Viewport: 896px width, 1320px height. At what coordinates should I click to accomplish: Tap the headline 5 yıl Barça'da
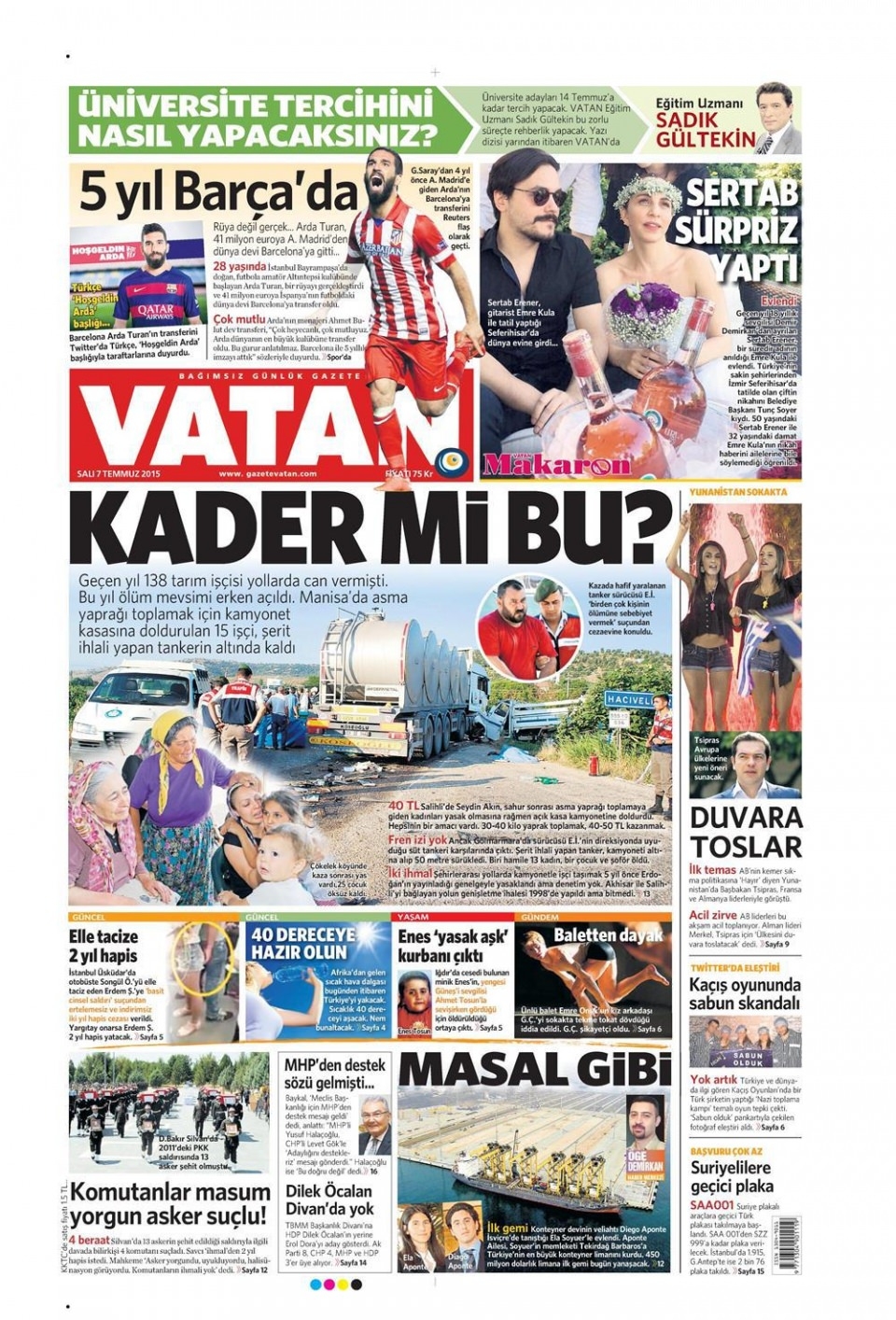pos(218,193)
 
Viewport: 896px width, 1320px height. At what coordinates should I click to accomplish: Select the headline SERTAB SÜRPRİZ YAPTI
pos(744,230)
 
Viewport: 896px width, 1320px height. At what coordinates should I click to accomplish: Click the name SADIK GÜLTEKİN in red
pos(705,130)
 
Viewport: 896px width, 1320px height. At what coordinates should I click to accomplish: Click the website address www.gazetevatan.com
pos(268,474)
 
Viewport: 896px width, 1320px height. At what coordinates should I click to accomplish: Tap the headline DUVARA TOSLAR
pos(745,832)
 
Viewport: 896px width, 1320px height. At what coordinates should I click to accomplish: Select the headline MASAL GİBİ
pos(535,1070)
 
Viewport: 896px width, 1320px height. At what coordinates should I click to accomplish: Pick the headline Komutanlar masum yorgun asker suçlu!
pos(169,1204)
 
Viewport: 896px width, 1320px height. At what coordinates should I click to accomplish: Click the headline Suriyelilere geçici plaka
pos(732,1176)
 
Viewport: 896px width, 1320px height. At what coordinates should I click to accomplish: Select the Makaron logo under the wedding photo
pos(558,464)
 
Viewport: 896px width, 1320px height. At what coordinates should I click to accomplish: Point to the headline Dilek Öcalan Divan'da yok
pos(329,1200)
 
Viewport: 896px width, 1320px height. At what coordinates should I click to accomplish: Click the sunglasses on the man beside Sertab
pos(537,196)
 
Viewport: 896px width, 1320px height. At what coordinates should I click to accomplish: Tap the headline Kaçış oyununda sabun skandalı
pos(745,993)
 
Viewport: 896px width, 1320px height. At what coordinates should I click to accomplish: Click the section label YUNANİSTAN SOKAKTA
pos(738,491)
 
